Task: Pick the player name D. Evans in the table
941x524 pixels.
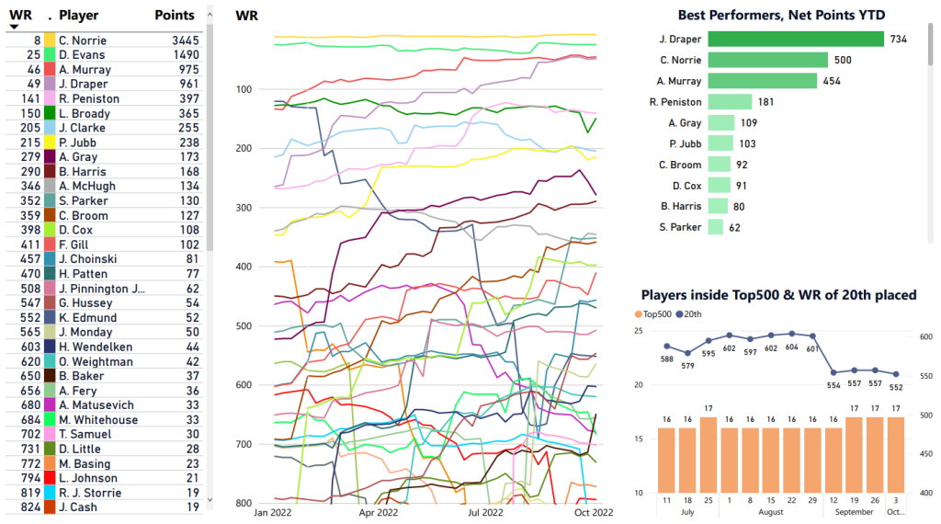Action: coord(82,55)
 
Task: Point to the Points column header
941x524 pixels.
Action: coord(174,16)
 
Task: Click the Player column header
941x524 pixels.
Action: coord(78,16)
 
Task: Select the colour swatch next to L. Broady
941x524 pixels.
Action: coord(50,113)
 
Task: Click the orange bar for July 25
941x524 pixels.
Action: coord(708,455)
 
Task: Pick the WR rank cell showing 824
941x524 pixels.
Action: coord(29,507)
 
